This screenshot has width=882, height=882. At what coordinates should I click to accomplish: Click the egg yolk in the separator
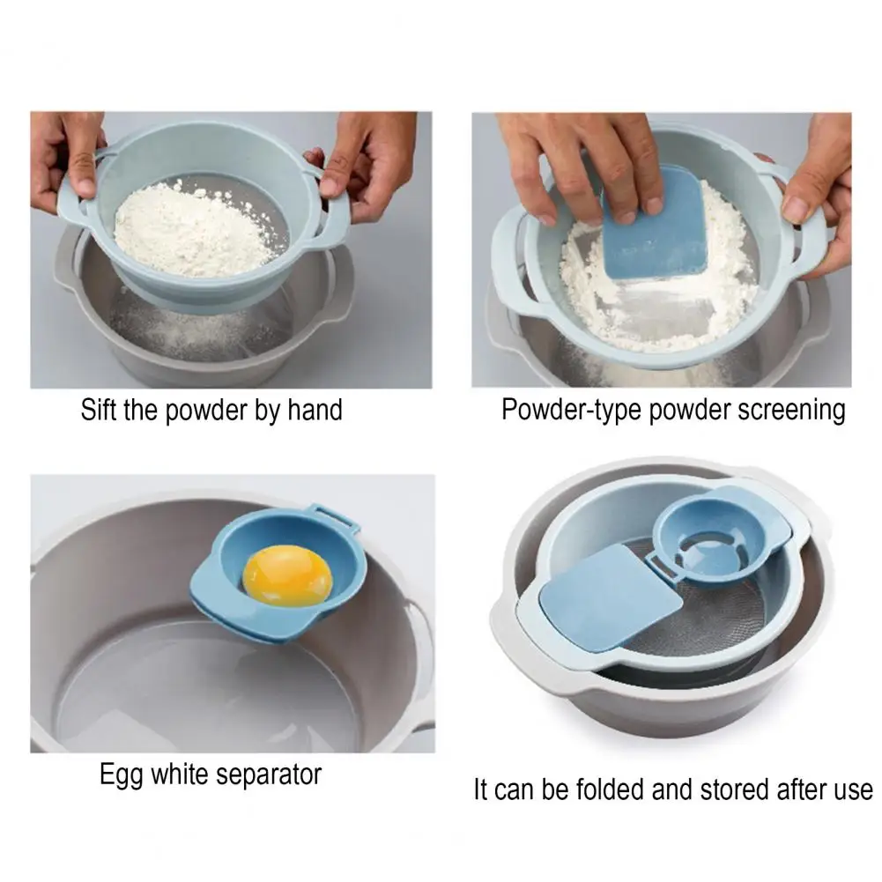pyautogui.click(x=287, y=576)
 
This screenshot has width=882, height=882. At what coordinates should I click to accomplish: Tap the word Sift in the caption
pyautogui.click(x=99, y=409)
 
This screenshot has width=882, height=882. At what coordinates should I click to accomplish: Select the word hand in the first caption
pyautogui.click(x=315, y=409)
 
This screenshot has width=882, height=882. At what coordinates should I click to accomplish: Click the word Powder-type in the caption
pyautogui.click(x=571, y=410)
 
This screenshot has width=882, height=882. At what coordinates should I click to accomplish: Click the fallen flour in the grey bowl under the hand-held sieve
pyautogui.click(x=186, y=332)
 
